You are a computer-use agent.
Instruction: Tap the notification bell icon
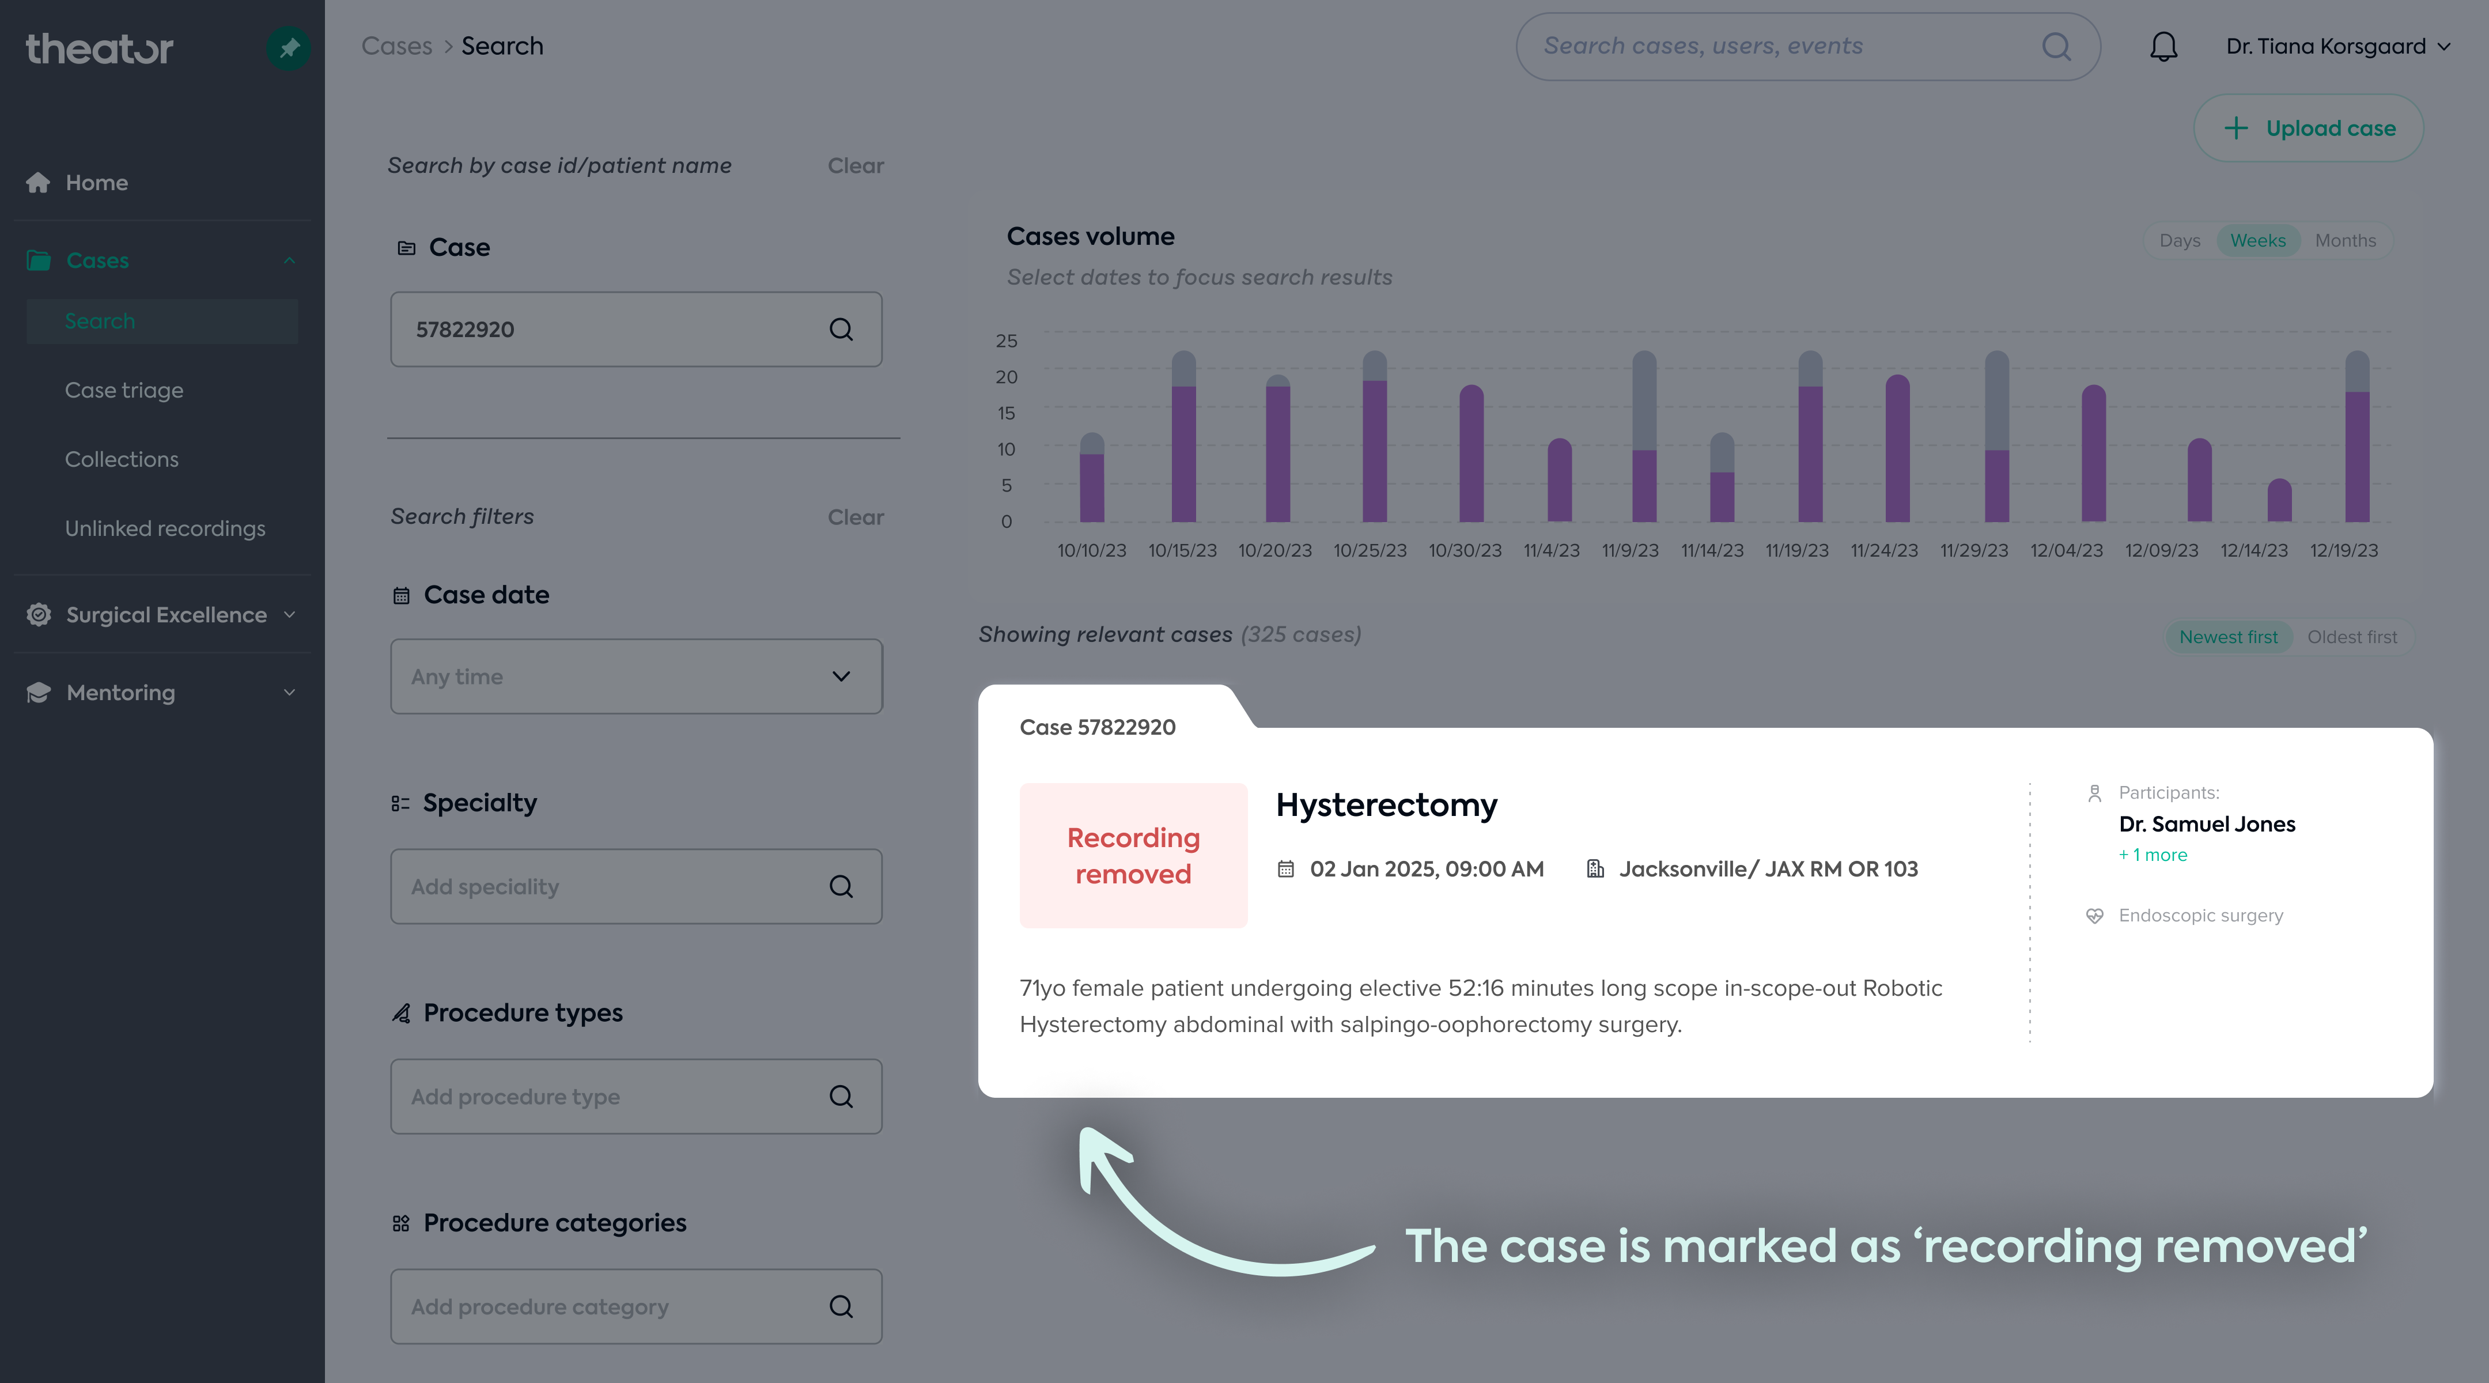tap(2163, 47)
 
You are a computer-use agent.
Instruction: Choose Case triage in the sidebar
tap(124, 391)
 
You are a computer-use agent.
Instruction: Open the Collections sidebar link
tap(122, 459)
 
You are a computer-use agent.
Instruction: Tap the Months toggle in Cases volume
tap(2345, 241)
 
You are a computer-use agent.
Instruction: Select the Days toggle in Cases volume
tap(2180, 241)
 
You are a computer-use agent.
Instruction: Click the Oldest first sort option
tap(2352, 637)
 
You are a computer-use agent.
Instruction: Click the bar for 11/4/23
tap(1560, 481)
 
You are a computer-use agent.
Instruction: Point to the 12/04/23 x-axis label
tap(2066, 550)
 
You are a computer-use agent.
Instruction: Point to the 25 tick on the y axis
tap(1006, 341)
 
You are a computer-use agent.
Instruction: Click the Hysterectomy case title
tap(1387, 805)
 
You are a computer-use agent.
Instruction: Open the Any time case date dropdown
tap(636, 677)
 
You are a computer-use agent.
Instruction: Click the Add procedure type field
tap(636, 1097)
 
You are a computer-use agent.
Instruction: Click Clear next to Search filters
tap(855, 517)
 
